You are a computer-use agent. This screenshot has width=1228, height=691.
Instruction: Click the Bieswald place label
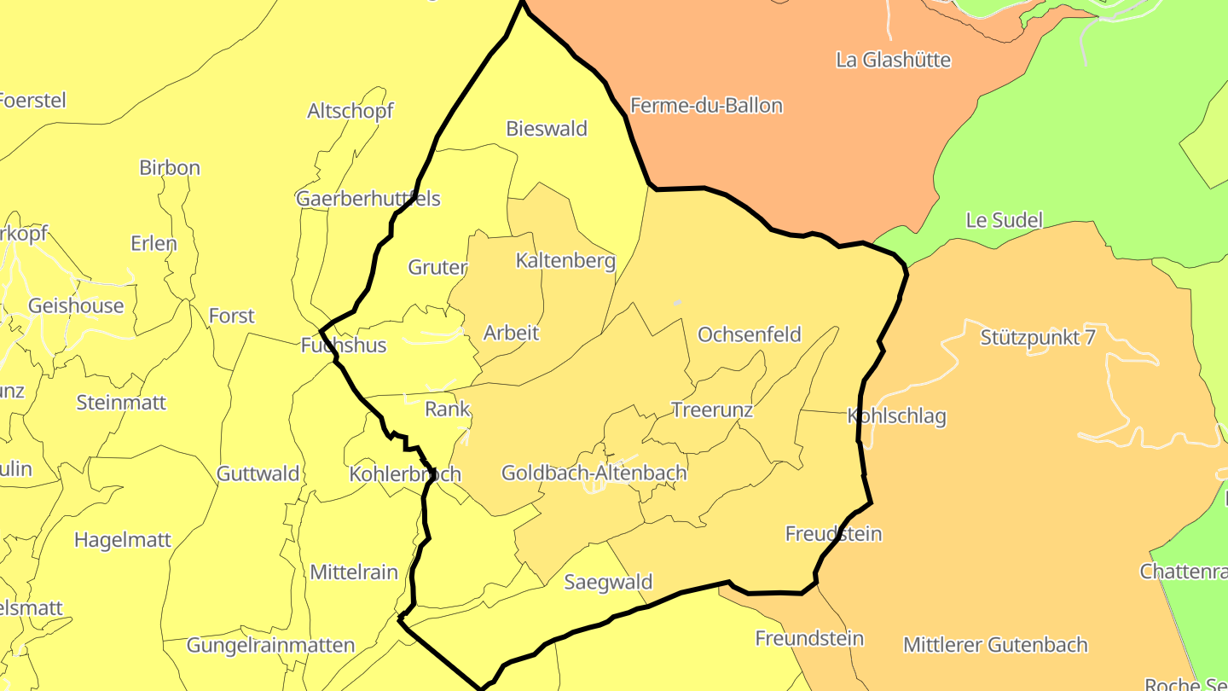tap(547, 129)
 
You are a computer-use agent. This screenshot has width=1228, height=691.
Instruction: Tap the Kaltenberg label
tap(565, 260)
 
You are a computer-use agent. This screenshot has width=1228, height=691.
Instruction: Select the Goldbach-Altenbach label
tap(594, 473)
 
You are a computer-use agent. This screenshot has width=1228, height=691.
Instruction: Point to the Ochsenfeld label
tap(750, 334)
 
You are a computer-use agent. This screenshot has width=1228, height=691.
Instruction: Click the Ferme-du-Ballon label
tap(706, 106)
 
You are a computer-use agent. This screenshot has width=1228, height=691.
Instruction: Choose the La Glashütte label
tap(893, 60)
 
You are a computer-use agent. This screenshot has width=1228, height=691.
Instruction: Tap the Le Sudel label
tap(1004, 220)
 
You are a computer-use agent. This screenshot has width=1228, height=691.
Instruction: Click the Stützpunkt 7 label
tap(1037, 337)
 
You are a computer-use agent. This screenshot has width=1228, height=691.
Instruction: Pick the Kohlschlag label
tap(896, 416)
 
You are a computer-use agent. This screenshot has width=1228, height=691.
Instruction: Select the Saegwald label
tap(608, 582)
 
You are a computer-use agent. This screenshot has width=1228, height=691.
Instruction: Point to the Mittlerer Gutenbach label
tap(995, 645)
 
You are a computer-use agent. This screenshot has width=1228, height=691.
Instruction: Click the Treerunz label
tap(712, 410)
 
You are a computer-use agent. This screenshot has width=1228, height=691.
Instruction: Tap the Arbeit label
tap(512, 333)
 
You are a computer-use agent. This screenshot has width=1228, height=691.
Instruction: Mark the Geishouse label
tap(76, 305)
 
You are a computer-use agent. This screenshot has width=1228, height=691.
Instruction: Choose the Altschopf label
tap(350, 111)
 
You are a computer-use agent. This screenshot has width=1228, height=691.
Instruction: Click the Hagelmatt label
tap(123, 540)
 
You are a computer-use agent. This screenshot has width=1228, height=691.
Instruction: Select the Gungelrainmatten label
tap(270, 645)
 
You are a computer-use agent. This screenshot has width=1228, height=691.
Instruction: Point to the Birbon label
tap(170, 167)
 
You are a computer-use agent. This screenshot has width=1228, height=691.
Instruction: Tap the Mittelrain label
tap(354, 572)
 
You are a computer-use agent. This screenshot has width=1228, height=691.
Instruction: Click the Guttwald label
tap(258, 473)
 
